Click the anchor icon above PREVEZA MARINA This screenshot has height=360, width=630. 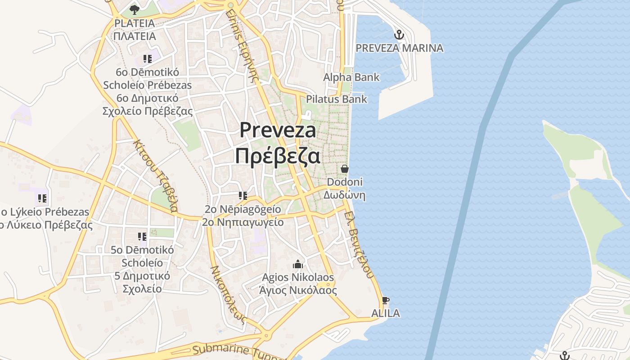pos(399,35)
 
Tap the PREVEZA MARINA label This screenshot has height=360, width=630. pos(399,48)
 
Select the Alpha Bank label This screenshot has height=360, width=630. pos(351,77)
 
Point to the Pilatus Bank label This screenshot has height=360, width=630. pos(337,99)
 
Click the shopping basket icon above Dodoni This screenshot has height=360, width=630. pos(345,169)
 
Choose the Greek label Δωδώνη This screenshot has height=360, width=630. pos(344,195)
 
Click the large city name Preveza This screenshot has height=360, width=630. pos(278,130)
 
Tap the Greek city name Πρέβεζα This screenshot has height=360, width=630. pos(278,156)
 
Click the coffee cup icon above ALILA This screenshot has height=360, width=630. pos(385,300)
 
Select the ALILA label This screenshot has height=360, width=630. pos(385,313)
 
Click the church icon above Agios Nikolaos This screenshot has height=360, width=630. pos(298,264)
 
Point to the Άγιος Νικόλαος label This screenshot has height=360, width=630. pos(298,290)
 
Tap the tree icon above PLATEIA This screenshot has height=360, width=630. pos(134,9)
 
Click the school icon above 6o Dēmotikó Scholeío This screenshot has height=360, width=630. pos(147,59)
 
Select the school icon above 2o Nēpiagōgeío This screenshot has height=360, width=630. pos(243,196)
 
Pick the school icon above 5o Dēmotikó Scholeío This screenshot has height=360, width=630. pos(142,236)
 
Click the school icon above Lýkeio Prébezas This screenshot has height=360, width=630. pos(43,198)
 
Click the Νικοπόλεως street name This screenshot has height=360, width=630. pos(229,295)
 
